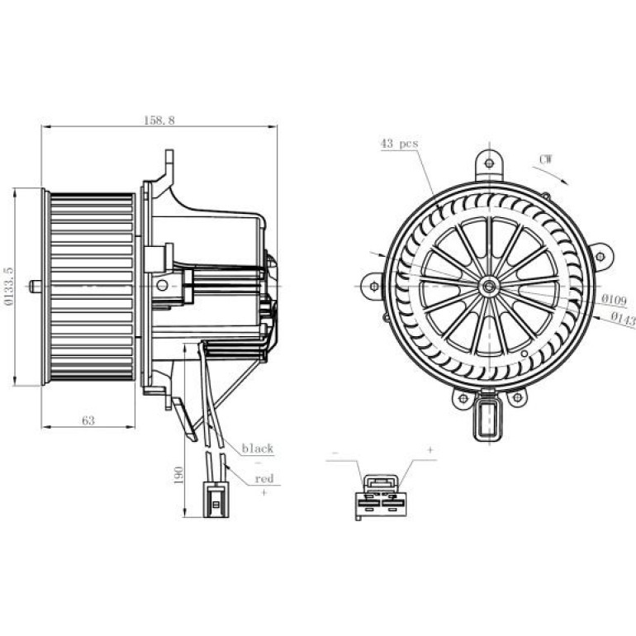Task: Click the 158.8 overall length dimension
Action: (159, 121)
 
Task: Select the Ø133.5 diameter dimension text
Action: (8, 286)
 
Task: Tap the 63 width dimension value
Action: (88, 420)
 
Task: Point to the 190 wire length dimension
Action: (178, 475)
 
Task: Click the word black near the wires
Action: (258, 449)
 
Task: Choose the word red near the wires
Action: (264, 478)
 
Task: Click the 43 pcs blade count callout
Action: (399, 144)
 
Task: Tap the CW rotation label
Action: (545, 159)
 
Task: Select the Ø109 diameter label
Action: (614, 300)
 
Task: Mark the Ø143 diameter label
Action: (623, 319)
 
